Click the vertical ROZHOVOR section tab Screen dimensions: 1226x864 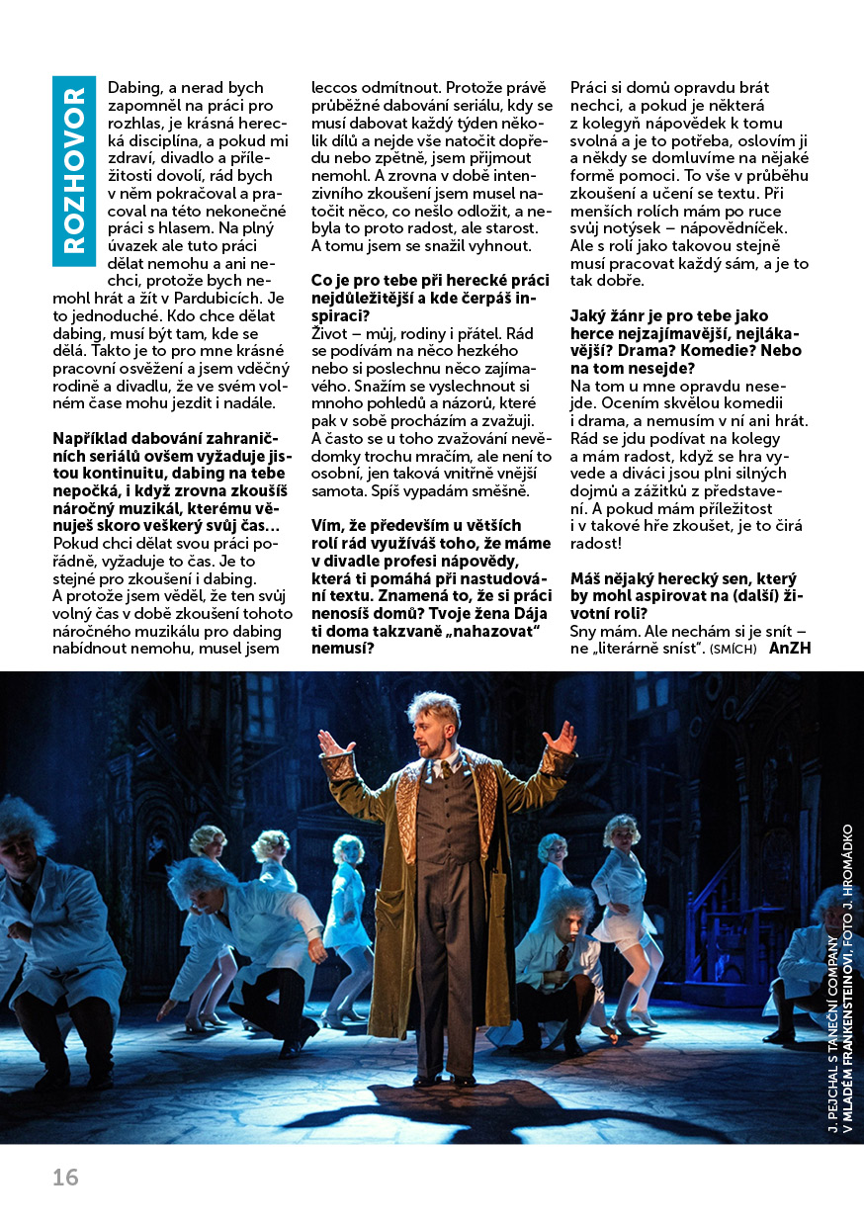tap(74, 170)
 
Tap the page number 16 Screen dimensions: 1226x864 tap(65, 1178)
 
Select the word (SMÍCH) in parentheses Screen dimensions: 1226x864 tap(732, 650)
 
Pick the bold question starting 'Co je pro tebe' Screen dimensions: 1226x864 tap(431, 299)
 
